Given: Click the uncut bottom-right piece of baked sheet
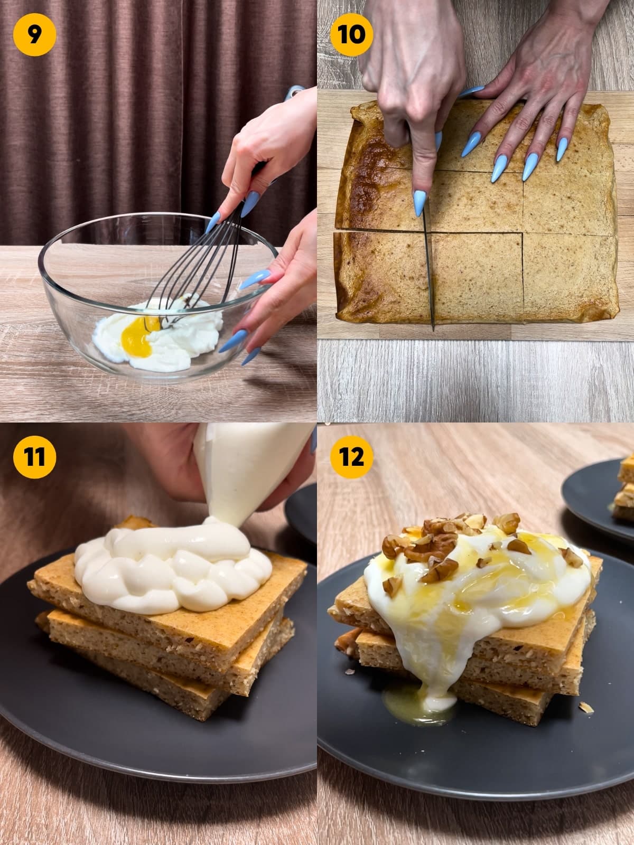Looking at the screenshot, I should pyautogui.click(x=568, y=277).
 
